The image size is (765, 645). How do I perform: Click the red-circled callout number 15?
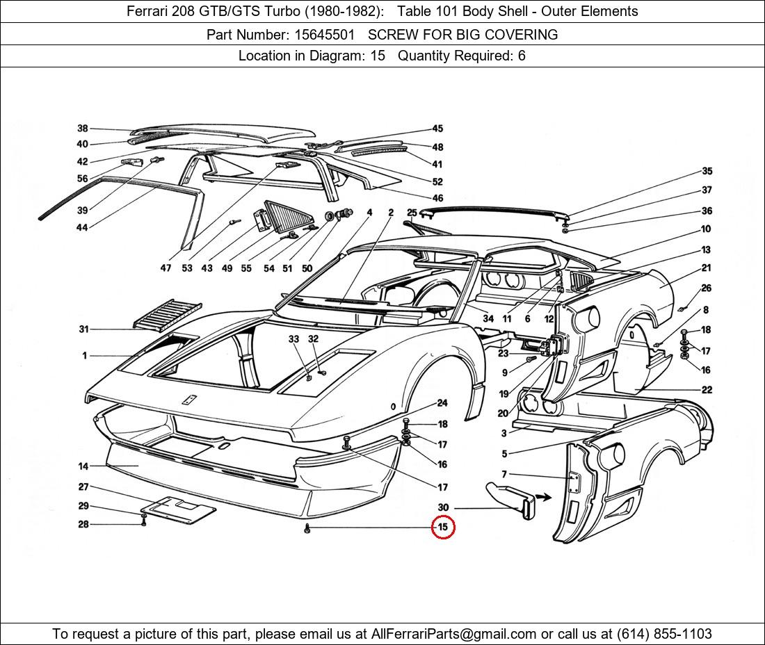(443, 528)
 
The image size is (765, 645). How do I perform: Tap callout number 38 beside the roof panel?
(83, 129)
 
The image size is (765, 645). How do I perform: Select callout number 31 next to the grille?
(84, 329)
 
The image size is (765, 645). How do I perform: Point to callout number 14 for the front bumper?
(83, 466)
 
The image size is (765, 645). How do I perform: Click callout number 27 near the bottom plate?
(83, 487)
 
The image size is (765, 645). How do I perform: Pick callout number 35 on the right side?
(707, 171)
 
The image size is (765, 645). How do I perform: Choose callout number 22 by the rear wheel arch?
(707, 390)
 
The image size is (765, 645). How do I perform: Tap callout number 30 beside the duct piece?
(443, 508)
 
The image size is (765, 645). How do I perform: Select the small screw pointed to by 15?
(307, 530)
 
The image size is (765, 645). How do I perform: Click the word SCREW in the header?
(392, 35)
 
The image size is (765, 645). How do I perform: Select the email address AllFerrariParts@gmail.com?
(453, 634)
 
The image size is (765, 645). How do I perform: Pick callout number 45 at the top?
(437, 129)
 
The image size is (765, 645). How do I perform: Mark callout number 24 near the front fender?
(442, 403)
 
